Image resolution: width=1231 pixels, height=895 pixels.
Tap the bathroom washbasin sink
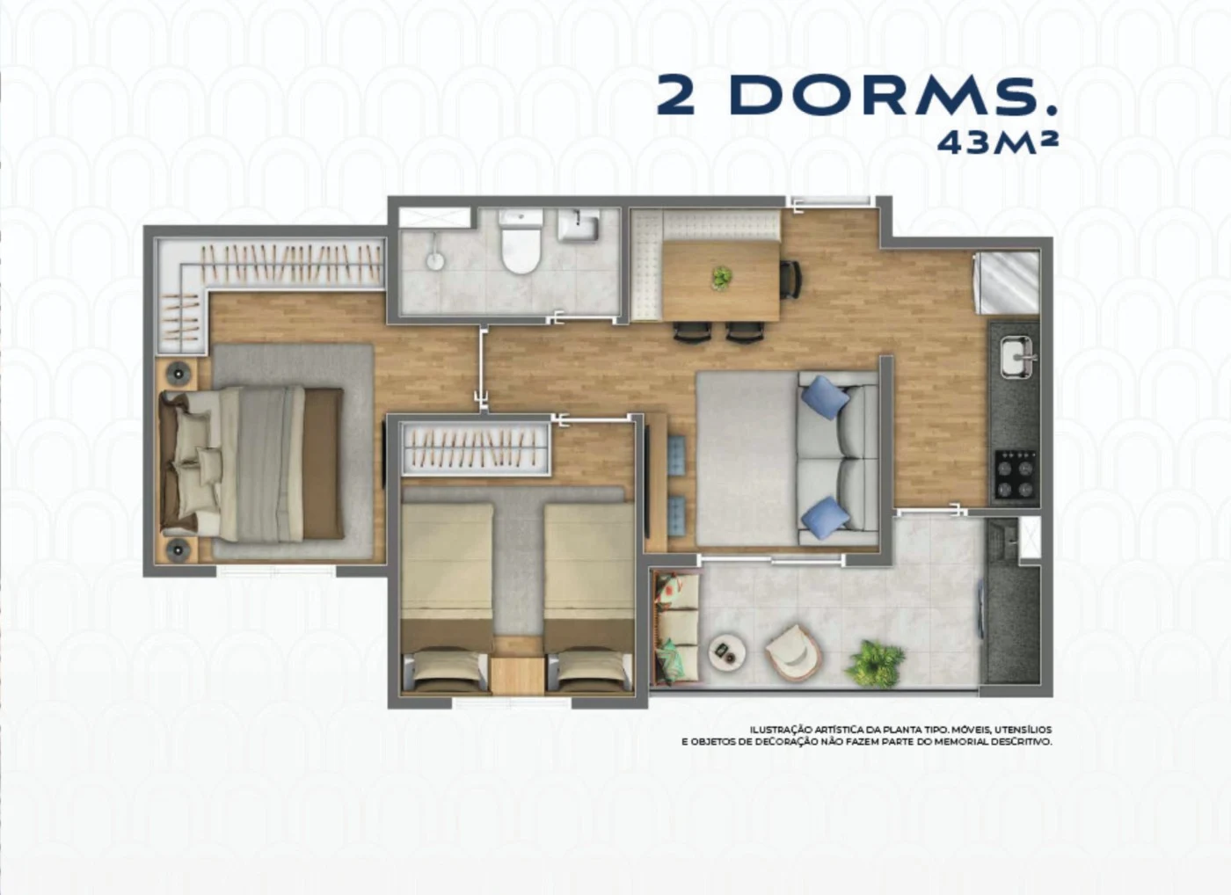coord(578,225)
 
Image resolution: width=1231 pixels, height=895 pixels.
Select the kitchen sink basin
coord(1016,357)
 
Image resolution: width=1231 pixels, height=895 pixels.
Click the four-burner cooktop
coord(1016,474)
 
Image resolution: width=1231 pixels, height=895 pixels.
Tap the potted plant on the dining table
coord(721,278)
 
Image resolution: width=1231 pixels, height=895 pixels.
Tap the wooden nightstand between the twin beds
coord(517,674)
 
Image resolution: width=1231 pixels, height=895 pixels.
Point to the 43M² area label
coord(997,142)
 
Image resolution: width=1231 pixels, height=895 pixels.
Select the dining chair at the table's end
coord(790,280)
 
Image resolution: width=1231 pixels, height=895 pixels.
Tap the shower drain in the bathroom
coord(434,261)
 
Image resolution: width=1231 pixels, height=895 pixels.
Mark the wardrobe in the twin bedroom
coord(475,447)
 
